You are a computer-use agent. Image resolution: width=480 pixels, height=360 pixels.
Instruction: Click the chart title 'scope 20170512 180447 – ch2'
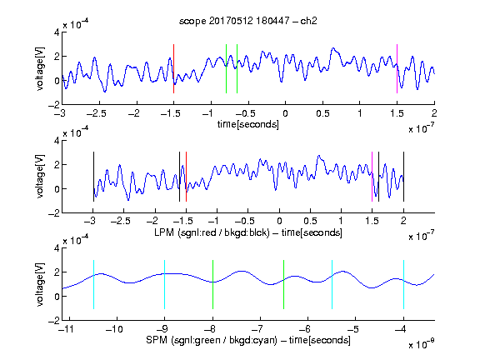click(x=248, y=21)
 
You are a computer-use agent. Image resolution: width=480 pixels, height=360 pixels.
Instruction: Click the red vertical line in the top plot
click(x=173, y=68)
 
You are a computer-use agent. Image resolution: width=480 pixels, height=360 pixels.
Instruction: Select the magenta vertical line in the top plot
click(x=397, y=68)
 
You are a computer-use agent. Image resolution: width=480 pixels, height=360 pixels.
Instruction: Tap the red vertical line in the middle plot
click(x=186, y=177)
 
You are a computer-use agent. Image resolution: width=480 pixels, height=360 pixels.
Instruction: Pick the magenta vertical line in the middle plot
click(x=372, y=177)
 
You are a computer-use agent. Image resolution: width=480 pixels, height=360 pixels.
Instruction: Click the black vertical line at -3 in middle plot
click(x=93, y=177)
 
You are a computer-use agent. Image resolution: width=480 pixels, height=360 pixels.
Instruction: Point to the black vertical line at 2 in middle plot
click(x=403, y=177)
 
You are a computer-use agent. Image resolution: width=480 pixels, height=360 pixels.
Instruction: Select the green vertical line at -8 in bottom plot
click(x=212, y=284)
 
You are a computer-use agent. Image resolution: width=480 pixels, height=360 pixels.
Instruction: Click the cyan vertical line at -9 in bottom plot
click(x=164, y=284)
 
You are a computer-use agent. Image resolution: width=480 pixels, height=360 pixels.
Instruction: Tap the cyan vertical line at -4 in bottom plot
click(x=403, y=284)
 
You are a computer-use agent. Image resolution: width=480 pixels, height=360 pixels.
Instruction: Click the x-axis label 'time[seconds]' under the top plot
click(x=248, y=124)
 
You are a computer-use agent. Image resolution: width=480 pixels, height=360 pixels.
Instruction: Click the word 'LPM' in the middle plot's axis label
click(x=164, y=232)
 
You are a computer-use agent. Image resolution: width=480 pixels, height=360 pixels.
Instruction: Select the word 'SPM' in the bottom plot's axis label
click(x=157, y=340)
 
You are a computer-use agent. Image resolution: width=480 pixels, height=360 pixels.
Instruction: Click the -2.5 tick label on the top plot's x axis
click(x=96, y=113)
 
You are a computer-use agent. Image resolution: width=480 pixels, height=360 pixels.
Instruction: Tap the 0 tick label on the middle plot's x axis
click(x=279, y=221)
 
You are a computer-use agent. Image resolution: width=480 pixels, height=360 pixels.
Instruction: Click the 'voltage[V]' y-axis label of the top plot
click(x=40, y=68)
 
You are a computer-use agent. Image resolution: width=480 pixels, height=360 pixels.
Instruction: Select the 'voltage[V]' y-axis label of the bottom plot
click(x=40, y=284)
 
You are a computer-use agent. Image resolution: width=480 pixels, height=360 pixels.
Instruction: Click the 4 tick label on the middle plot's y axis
click(x=57, y=141)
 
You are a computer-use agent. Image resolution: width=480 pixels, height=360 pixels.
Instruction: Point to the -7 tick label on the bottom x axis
click(x=260, y=329)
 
